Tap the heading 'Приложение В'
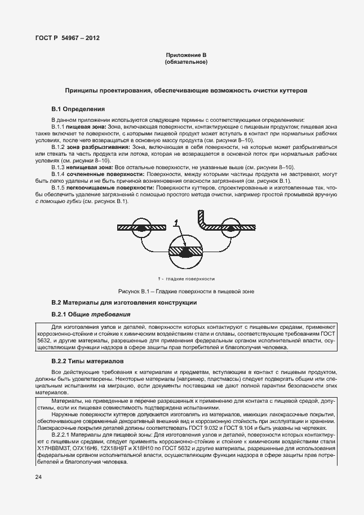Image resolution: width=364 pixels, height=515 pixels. [186, 55]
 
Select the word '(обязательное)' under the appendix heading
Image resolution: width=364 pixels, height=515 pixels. [186, 61]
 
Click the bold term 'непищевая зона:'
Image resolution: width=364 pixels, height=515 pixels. [90, 168]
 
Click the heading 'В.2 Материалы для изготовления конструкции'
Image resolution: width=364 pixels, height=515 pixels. [124, 303]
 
